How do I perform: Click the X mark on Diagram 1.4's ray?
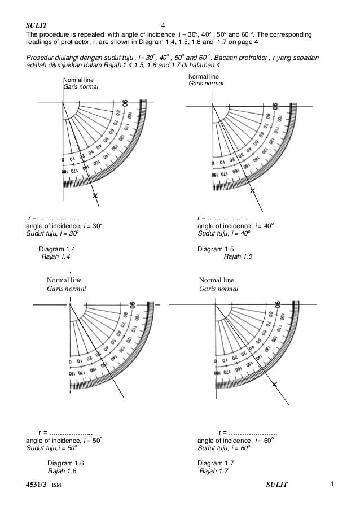click(x=95, y=195)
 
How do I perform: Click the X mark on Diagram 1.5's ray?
click(x=253, y=191)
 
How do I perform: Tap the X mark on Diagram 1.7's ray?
click(x=275, y=384)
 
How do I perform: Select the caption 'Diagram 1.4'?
click(x=57, y=249)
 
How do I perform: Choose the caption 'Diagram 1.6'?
click(x=66, y=463)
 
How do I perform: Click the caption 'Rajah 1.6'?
click(x=62, y=472)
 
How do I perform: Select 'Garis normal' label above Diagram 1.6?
click(x=66, y=288)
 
